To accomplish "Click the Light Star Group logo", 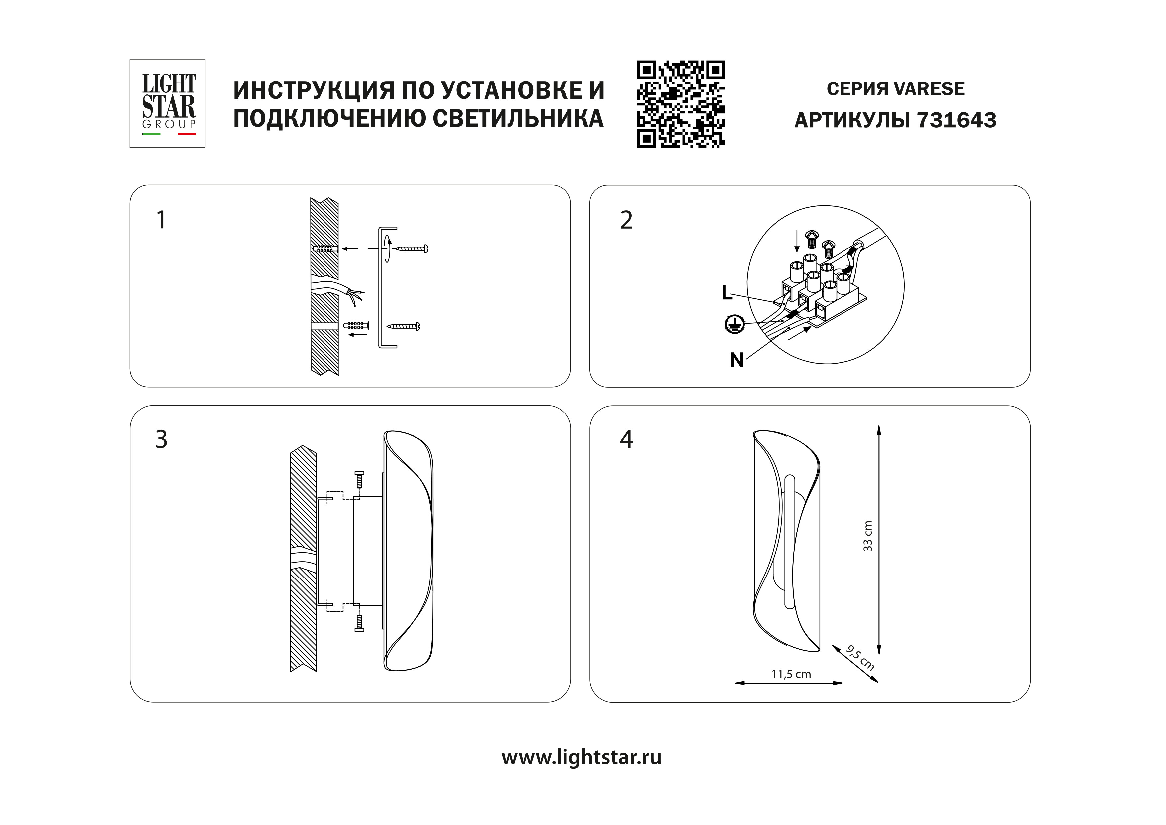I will click(168, 104).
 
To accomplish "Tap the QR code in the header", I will click(681, 104).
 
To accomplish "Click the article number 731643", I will click(957, 120).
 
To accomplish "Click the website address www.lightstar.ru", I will click(582, 757).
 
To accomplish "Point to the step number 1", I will click(161, 220).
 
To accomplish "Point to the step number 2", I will click(626, 220).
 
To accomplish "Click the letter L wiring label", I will click(727, 292).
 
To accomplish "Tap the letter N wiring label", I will click(737, 360).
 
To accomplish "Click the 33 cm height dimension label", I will click(868, 536).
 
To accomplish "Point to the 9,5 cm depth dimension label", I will click(860, 658).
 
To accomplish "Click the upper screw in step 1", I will click(411, 248).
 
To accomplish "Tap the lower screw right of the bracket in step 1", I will click(403, 326).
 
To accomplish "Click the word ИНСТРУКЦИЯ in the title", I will click(314, 90).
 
